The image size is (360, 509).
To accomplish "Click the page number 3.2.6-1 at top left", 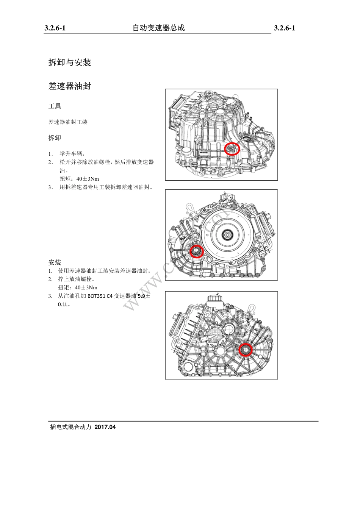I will [x=55, y=28].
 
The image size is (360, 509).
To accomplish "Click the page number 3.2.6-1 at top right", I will [x=285, y=28].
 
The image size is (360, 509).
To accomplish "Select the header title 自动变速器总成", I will [x=158, y=28].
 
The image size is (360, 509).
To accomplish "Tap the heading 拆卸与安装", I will [x=70, y=62].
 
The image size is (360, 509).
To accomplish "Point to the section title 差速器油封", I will [x=70, y=86].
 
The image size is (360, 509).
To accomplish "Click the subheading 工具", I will [x=55, y=106].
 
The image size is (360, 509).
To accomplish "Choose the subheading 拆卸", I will [x=55, y=138].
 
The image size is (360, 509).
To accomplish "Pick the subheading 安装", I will [x=55, y=262].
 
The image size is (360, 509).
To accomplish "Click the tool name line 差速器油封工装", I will [x=68, y=122].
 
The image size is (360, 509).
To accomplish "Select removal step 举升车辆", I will [x=73, y=154].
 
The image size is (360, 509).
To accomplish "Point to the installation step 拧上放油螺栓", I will [x=77, y=279].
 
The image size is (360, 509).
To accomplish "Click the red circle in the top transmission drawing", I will [x=232, y=149].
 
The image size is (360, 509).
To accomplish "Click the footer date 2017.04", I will [x=105, y=427].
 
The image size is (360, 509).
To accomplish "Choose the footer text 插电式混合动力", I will [x=71, y=427].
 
